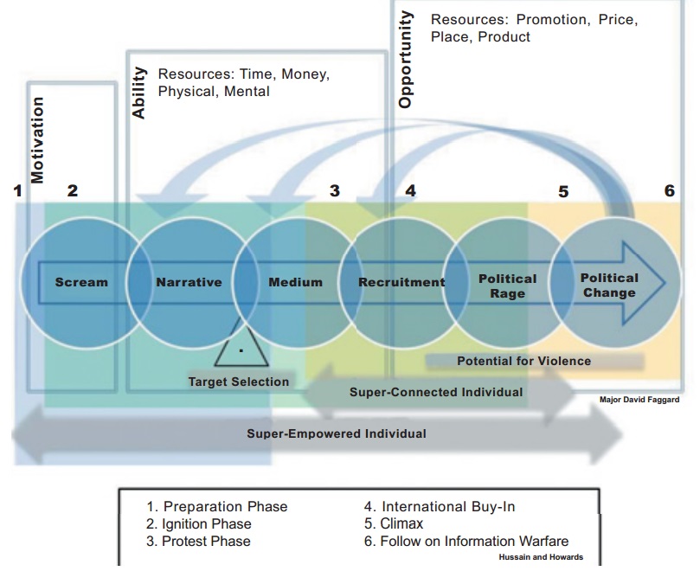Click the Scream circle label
pyautogui.click(x=81, y=282)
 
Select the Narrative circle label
pyautogui.click(x=189, y=282)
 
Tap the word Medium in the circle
pyautogui.click(x=295, y=282)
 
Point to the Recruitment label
pyautogui.click(x=401, y=282)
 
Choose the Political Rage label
pyautogui.click(x=507, y=286)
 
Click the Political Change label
pyautogui.click(x=609, y=285)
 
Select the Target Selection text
pyautogui.click(x=239, y=382)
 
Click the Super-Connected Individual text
pyautogui.click(x=436, y=393)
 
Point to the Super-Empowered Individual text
pyautogui.click(x=337, y=433)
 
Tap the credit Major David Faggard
pyautogui.click(x=639, y=401)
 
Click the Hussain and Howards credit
pyautogui.click(x=541, y=557)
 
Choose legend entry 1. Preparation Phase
pyautogui.click(x=216, y=507)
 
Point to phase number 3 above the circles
pyautogui.click(x=334, y=191)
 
